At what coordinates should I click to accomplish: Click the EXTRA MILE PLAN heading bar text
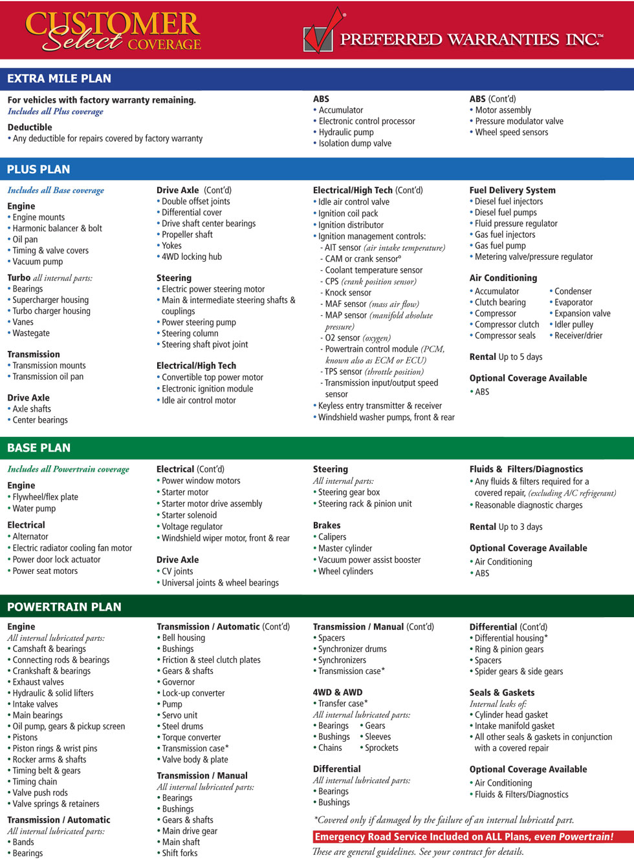(59, 79)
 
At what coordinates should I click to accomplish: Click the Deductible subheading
(30, 127)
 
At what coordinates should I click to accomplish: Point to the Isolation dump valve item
(355, 143)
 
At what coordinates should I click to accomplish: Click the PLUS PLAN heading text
(38, 169)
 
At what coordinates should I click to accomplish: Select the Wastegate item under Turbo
(30, 333)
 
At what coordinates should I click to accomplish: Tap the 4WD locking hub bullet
(191, 257)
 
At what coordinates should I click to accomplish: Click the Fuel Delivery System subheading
(512, 190)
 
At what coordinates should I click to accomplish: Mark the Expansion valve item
(582, 313)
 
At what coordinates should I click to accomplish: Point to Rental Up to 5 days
(506, 357)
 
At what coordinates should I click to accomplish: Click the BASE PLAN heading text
(39, 448)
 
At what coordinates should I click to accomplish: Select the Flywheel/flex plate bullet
(45, 497)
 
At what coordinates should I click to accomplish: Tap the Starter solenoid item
(189, 515)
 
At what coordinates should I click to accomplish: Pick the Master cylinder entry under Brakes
(345, 549)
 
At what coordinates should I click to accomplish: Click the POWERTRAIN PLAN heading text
(64, 607)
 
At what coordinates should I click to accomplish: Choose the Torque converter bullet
(191, 737)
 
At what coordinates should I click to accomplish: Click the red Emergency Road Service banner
(464, 837)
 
